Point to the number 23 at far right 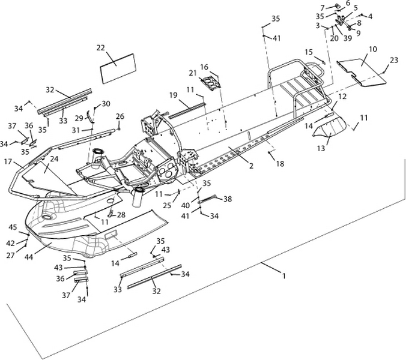(393, 60)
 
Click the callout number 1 (284, 277)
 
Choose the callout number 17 (8, 161)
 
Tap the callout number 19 (172, 95)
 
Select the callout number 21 (193, 73)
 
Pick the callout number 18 (280, 163)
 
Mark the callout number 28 (121, 215)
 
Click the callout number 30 (106, 104)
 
